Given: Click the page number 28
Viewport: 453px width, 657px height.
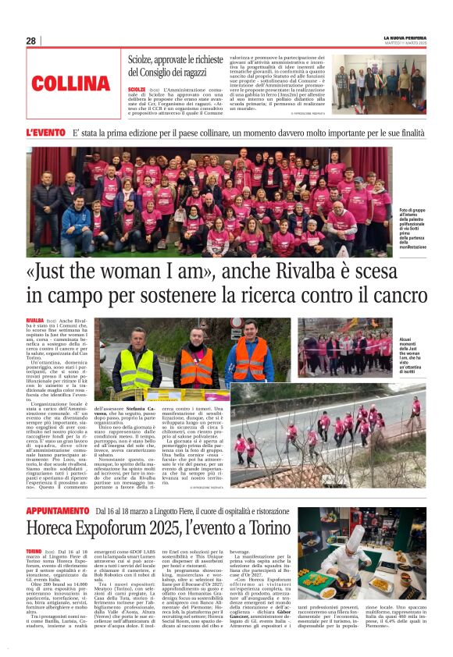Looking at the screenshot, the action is (30, 41).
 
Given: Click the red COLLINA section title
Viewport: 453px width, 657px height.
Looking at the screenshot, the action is (71, 83).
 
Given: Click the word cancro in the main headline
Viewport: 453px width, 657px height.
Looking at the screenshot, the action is (391, 296).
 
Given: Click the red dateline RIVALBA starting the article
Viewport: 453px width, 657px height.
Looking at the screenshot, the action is (34, 320).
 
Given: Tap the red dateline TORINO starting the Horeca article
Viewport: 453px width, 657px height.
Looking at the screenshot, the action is (34, 550).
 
